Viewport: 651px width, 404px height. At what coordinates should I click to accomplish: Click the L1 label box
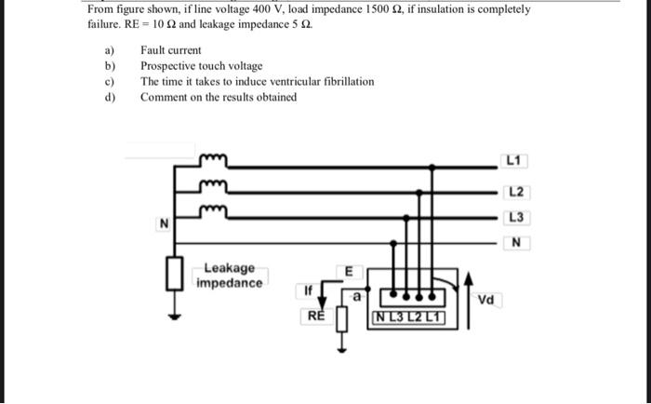pos(515,161)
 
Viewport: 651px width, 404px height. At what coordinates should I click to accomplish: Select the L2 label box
pos(517,193)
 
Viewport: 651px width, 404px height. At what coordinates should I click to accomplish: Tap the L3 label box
pos(517,218)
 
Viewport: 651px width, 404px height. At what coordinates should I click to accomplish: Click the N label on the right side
pos(516,244)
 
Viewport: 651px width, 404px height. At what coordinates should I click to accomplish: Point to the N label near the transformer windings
pos(163,223)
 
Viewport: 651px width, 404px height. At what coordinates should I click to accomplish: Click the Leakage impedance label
pos(229,275)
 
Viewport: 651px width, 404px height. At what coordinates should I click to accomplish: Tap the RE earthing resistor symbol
pos(341,321)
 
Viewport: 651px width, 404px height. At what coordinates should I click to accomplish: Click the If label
pos(308,291)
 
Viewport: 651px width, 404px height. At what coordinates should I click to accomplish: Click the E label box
pos(350,271)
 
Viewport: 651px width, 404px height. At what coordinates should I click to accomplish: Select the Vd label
pos(485,300)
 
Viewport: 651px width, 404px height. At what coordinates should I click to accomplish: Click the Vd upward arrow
pos(469,298)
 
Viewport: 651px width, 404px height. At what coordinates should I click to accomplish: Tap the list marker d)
pos(110,98)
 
